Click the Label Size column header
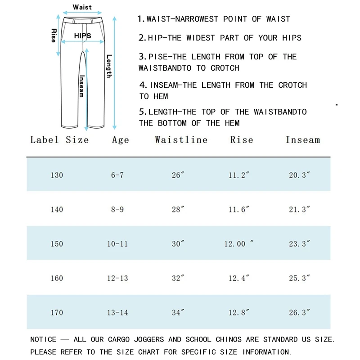tap(59, 139)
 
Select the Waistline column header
tap(181, 139)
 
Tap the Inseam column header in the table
tap(302, 139)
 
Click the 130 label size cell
tap(57, 175)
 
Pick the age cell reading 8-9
tap(117, 209)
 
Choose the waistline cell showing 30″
tap(178, 244)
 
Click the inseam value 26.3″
tap(300, 312)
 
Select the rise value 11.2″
tap(238, 175)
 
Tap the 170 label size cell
tap(57, 312)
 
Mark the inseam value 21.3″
tap(300, 209)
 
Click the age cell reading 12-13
tap(117, 278)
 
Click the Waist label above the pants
tap(82, 7)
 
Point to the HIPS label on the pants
tap(83, 36)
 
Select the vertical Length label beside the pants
tap(109, 66)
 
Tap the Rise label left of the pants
tap(54, 36)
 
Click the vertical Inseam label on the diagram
tap(81, 85)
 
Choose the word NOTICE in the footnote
tap(43, 339)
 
